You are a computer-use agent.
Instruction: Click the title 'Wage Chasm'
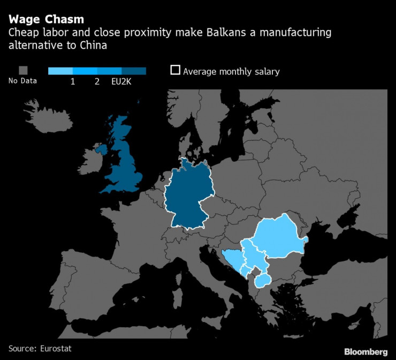(x=45, y=20)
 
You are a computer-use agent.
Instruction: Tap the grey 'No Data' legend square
(x=23, y=71)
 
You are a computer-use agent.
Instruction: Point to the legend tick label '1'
(x=72, y=81)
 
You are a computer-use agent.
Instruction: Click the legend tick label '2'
(x=97, y=81)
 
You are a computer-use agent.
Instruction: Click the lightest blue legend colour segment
(x=60, y=71)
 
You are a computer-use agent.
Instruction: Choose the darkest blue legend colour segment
(x=134, y=71)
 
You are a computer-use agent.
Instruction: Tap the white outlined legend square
(x=175, y=71)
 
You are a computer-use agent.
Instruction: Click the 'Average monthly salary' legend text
(x=231, y=71)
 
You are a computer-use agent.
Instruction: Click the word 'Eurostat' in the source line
(x=56, y=349)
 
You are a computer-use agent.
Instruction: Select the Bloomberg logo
(x=365, y=351)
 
